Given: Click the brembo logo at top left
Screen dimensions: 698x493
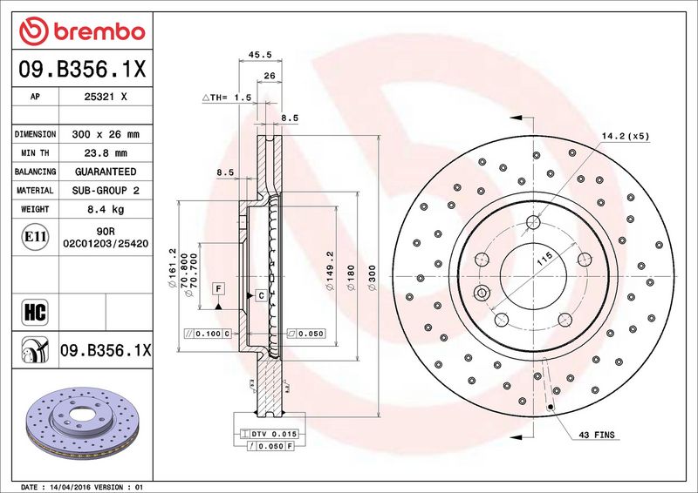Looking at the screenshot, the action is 82,31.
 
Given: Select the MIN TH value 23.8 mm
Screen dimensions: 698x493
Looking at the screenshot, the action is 106,153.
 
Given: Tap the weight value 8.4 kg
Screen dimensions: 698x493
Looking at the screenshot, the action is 106,209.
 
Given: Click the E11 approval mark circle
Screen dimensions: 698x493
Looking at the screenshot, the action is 35,237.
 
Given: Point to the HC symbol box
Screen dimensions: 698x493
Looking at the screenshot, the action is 35,312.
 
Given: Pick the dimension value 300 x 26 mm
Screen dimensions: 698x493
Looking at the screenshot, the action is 106,134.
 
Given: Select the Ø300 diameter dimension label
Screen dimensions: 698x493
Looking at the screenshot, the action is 373,277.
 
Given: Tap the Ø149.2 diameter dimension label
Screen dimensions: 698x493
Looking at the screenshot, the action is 330,270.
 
